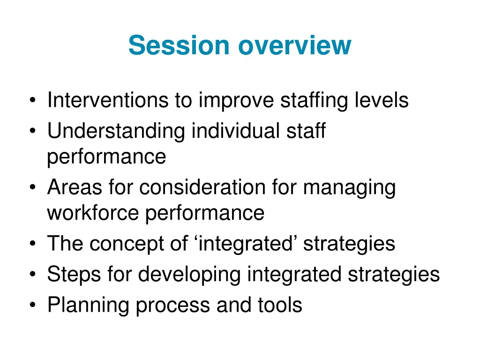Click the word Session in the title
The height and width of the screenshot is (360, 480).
179,45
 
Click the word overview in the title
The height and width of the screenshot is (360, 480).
294,45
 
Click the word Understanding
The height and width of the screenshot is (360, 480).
116,131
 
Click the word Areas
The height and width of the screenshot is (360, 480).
74,187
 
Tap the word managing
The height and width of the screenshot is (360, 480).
349,188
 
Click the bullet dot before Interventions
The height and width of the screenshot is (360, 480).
32,101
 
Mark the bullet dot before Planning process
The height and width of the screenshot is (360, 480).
32,306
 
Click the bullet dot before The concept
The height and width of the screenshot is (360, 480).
32,244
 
